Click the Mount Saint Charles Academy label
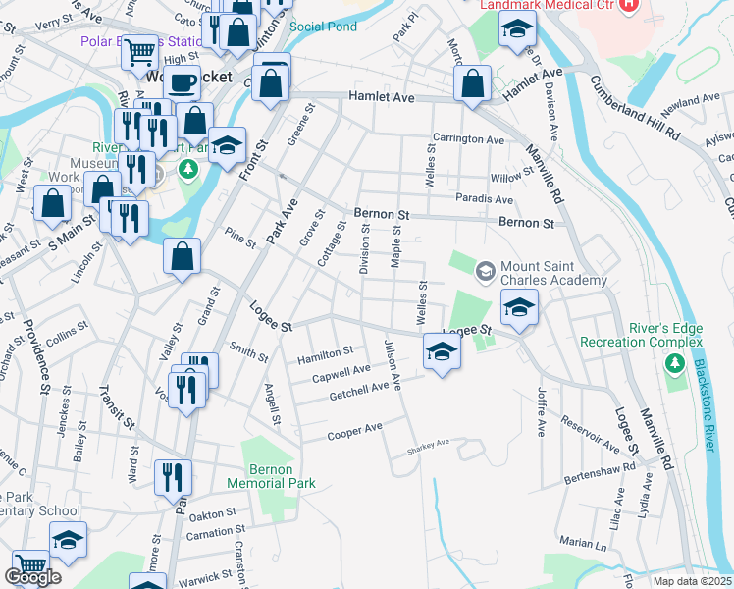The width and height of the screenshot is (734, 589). tap(553, 274)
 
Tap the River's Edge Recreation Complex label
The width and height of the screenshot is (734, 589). tap(642, 335)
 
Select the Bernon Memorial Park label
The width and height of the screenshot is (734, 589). tap(271, 477)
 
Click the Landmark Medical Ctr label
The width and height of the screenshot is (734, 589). tap(548, 5)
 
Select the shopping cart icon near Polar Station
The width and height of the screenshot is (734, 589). tap(140, 50)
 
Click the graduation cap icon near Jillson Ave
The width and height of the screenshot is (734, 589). tap(442, 352)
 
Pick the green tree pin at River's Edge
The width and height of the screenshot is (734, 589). tap(673, 365)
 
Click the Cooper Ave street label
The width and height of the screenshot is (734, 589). tap(354, 431)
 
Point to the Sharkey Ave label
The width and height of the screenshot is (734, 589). tap(429, 443)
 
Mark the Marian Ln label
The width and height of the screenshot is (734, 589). tap(584, 542)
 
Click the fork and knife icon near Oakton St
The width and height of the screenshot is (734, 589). tap(172, 477)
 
